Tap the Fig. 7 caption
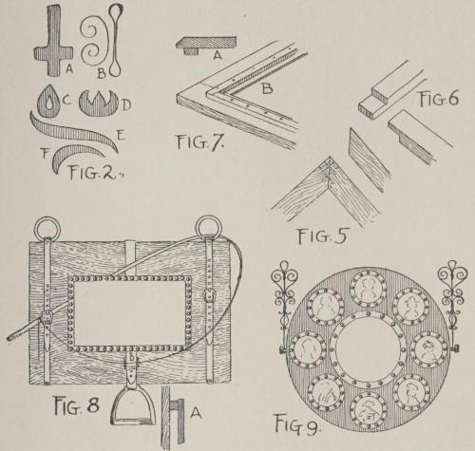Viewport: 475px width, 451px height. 200,141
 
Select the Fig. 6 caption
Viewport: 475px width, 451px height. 439,99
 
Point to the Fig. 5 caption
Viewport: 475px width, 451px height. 322,235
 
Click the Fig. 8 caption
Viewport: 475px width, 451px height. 77,405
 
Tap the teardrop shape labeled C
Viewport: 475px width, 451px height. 49,102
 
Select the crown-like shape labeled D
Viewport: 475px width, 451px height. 99,103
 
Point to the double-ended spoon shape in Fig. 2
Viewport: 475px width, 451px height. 115,41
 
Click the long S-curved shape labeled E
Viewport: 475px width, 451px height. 74,132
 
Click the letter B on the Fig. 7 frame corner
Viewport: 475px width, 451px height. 267,88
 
